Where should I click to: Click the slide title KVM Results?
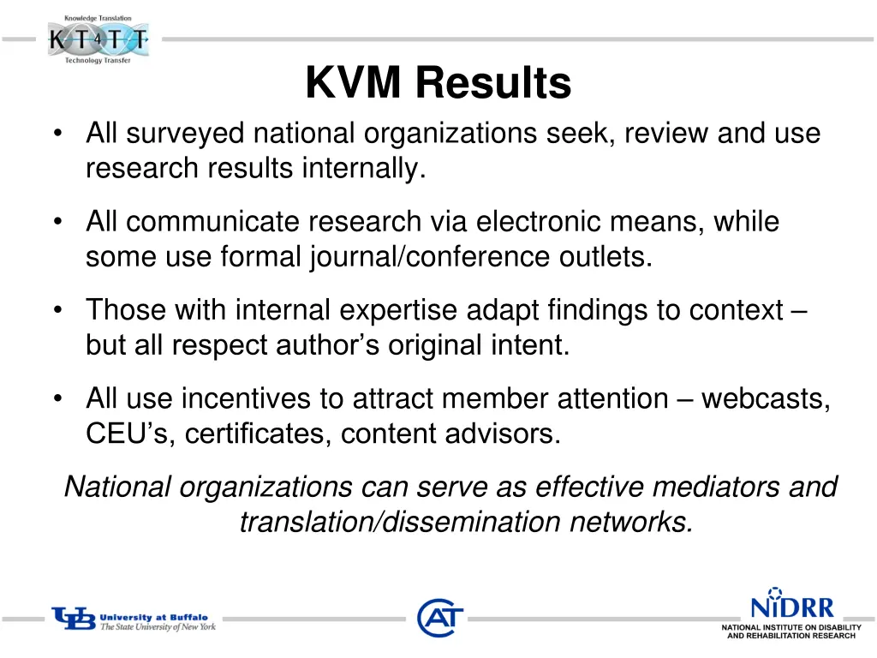[438, 84]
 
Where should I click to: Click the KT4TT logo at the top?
[98, 39]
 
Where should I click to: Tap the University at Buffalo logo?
[134, 619]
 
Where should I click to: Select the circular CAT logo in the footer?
[440, 618]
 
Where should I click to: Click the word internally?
[363, 169]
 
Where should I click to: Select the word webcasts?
[765, 398]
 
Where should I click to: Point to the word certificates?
[258, 434]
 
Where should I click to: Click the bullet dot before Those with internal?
[57, 311]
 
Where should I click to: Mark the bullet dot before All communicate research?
[57, 223]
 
